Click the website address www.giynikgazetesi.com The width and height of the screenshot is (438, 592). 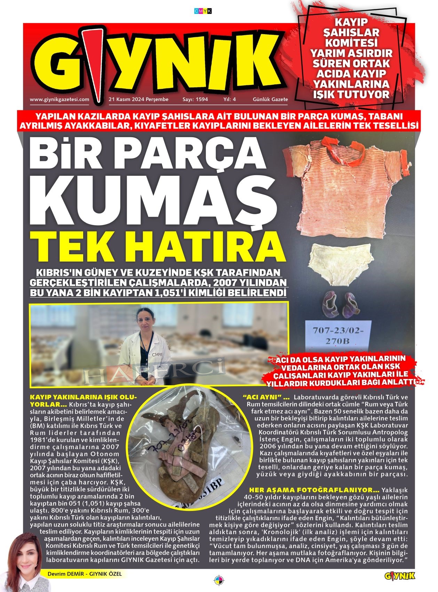pyautogui.click(x=59, y=99)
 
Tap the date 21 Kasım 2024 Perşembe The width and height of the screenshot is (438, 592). pyautogui.click(x=138, y=99)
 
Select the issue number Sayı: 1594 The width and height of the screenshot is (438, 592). pyautogui.click(x=195, y=99)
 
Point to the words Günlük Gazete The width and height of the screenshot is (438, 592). pyautogui.click(x=270, y=99)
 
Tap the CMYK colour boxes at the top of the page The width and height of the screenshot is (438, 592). pyautogui.click(x=203, y=11)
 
